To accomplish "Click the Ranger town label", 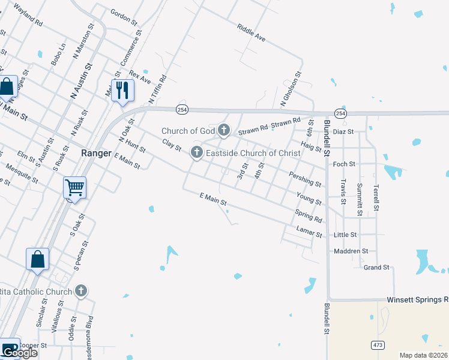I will click(x=96, y=153).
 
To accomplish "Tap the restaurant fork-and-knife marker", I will click(x=122, y=91).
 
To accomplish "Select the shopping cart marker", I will click(x=75, y=188).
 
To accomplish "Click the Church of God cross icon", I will click(x=224, y=130).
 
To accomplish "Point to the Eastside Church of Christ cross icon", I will click(x=196, y=153).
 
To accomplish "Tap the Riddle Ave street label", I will click(x=251, y=33).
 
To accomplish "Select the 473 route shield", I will click(x=376, y=345).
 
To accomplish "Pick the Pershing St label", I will click(x=306, y=180).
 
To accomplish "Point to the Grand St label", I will click(x=377, y=267).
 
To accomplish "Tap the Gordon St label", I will click(x=124, y=17).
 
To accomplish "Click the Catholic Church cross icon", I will click(x=82, y=292).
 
